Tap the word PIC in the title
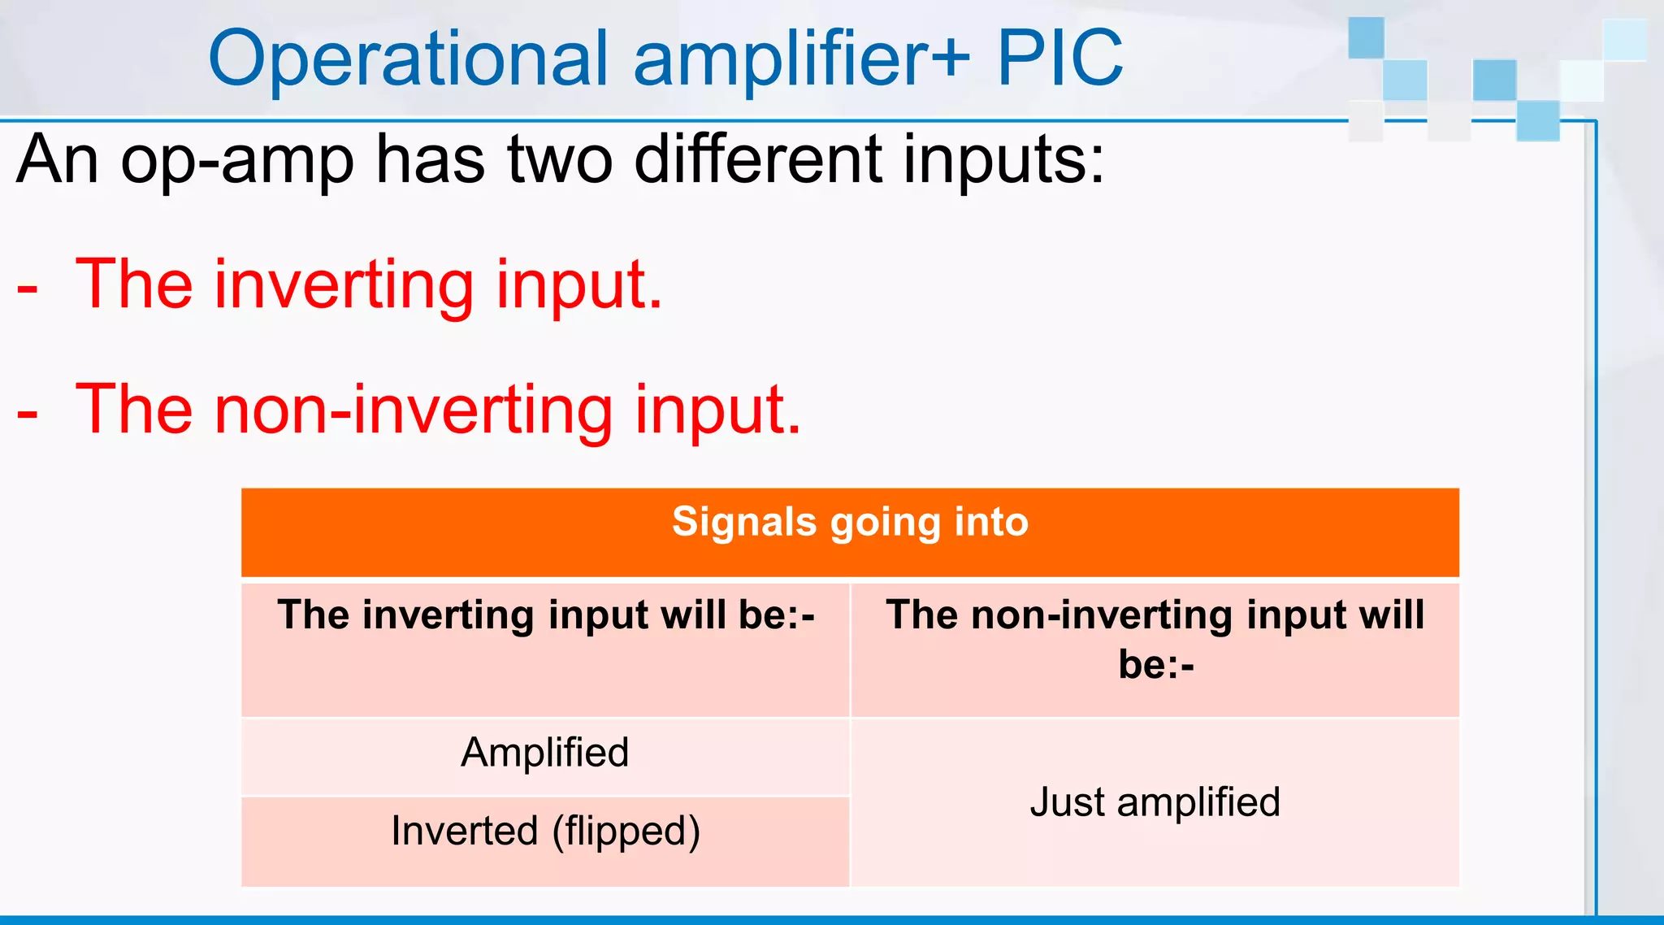point(1059,59)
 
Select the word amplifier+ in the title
point(801,59)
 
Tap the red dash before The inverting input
point(28,289)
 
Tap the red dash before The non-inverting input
point(28,414)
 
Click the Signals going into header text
point(850,522)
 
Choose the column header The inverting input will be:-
point(545,614)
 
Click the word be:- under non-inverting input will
point(1155,665)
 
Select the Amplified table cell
point(545,753)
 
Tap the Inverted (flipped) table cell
point(545,832)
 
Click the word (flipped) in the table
point(626,832)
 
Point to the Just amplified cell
point(1155,802)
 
